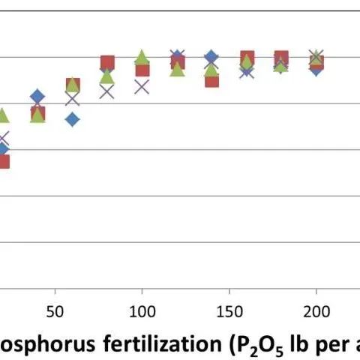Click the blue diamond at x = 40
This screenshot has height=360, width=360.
(x=37, y=97)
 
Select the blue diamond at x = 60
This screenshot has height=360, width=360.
(x=72, y=119)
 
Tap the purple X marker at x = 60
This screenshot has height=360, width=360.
(x=72, y=98)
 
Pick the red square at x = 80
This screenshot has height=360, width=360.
(x=107, y=63)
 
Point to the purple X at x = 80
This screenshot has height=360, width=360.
(x=107, y=91)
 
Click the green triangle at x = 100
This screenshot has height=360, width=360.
(x=142, y=58)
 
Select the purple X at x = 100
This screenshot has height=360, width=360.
(x=142, y=86)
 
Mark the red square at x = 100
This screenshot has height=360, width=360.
(x=142, y=70)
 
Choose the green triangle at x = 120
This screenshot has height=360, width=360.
(x=177, y=69)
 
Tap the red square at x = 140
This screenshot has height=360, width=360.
(x=211, y=79)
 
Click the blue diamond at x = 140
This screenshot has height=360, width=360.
(x=211, y=58)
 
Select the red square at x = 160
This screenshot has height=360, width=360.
(x=247, y=58)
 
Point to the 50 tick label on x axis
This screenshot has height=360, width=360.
(x=55, y=310)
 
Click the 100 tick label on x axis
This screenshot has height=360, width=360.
(x=142, y=310)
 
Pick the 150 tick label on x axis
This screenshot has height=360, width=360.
(x=229, y=310)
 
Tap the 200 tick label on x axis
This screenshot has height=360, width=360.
(x=316, y=310)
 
